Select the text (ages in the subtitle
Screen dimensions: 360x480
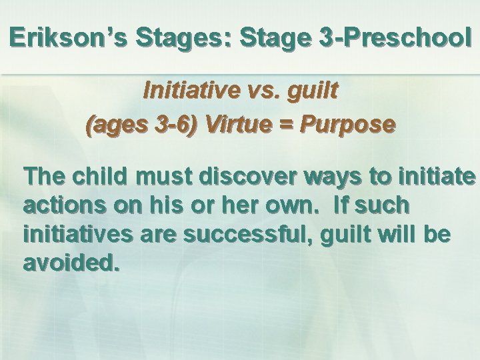(114, 125)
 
